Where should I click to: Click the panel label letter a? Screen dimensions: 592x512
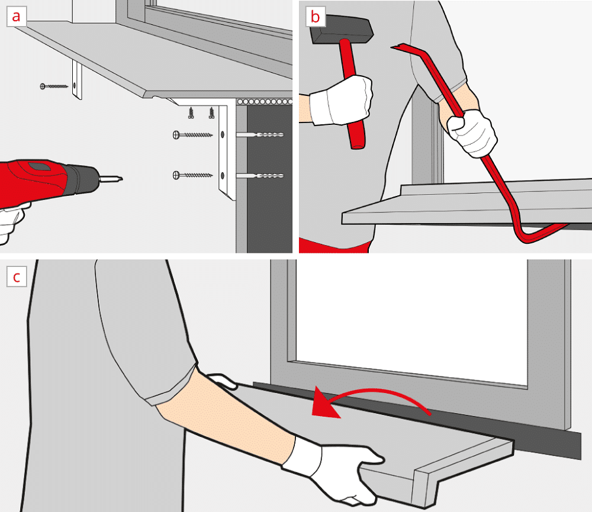[x=16, y=17]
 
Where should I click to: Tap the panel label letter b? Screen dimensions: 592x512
[x=315, y=17]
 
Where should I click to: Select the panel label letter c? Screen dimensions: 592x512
[x=16, y=278]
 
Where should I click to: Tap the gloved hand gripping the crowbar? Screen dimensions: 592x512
[x=472, y=132]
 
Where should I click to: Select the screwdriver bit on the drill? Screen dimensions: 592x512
[x=111, y=179]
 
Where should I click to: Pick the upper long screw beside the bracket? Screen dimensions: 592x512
[x=192, y=135]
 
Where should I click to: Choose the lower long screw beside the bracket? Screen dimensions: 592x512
[x=192, y=175]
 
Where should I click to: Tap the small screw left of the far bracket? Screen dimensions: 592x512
[x=54, y=86]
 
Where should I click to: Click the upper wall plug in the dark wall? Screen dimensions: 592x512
[x=260, y=134]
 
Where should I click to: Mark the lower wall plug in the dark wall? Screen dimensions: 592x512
[x=260, y=176]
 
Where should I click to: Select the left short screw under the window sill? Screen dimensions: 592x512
[x=191, y=112]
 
